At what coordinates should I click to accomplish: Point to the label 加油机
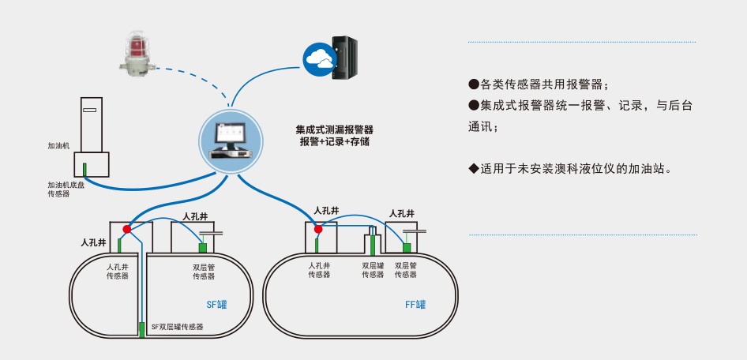(58, 146)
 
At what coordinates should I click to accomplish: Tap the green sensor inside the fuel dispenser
(85, 168)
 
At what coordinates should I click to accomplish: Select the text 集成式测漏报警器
(334, 129)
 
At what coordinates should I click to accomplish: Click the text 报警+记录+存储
(334, 142)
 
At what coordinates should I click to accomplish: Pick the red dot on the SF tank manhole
(127, 228)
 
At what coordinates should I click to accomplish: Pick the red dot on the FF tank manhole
(319, 229)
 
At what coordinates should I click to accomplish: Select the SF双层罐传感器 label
(177, 326)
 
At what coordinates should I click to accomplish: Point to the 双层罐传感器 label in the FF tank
(373, 270)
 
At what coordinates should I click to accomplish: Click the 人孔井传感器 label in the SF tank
(118, 272)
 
